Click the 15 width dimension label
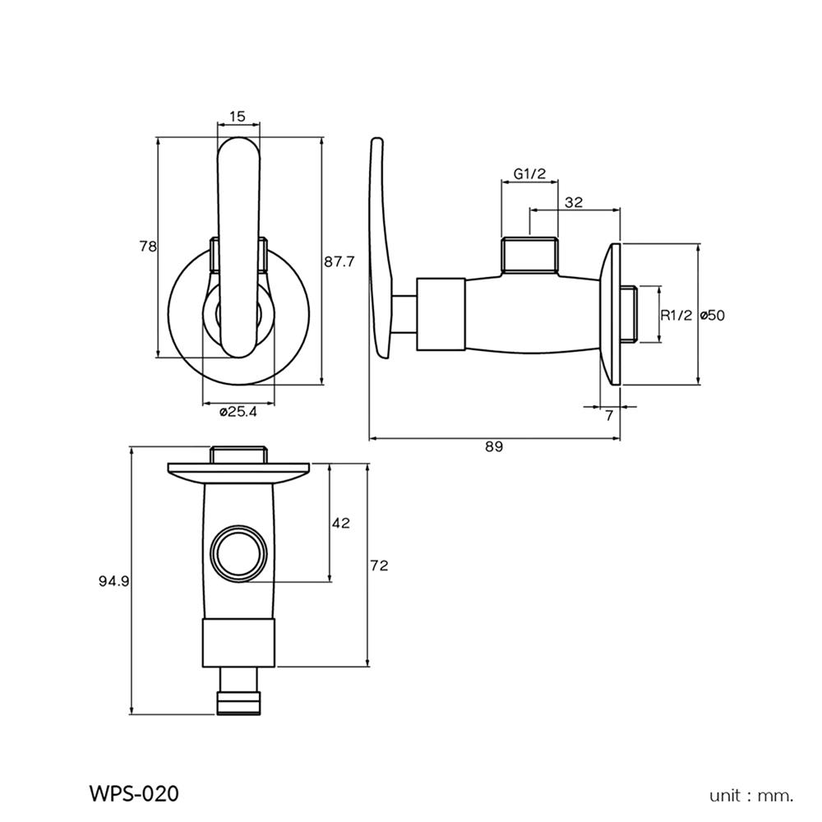pyautogui.click(x=238, y=117)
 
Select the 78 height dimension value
pyautogui.click(x=148, y=247)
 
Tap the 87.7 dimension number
pyautogui.click(x=339, y=262)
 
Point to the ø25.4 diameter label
pyautogui.click(x=238, y=413)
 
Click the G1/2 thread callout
pyautogui.click(x=530, y=173)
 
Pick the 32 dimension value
pyautogui.click(x=574, y=202)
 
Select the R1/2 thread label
pyautogui.click(x=677, y=314)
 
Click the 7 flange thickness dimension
pyautogui.click(x=609, y=416)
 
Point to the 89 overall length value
pyautogui.click(x=493, y=447)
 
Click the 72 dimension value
pyautogui.click(x=379, y=566)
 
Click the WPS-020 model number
pyautogui.click(x=132, y=794)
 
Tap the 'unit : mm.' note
pyautogui.click(x=751, y=795)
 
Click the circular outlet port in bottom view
pyautogui.click(x=238, y=552)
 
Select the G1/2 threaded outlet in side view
pyautogui.click(x=530, y=254)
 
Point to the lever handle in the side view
pyautogui.click(x=380, y=247)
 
